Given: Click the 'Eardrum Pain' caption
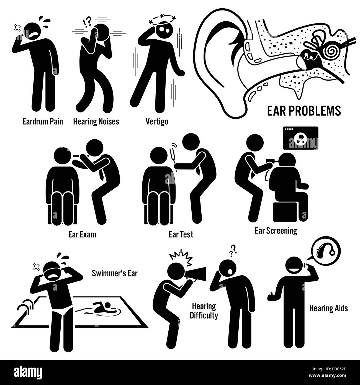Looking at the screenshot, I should click(x=43, y=122).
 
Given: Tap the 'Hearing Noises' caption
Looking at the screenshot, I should click(x=96, y=122).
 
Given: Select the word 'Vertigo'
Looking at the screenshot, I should click(x=157, y=122).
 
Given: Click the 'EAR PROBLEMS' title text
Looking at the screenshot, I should click(x=304, y=111).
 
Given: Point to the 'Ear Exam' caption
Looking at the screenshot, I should click(x=82, y=234).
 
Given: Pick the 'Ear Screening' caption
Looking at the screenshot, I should click(x=276, y=231).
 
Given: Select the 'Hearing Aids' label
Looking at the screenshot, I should click(x=329, y=308).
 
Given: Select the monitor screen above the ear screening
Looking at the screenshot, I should click(x=300, y=138).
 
